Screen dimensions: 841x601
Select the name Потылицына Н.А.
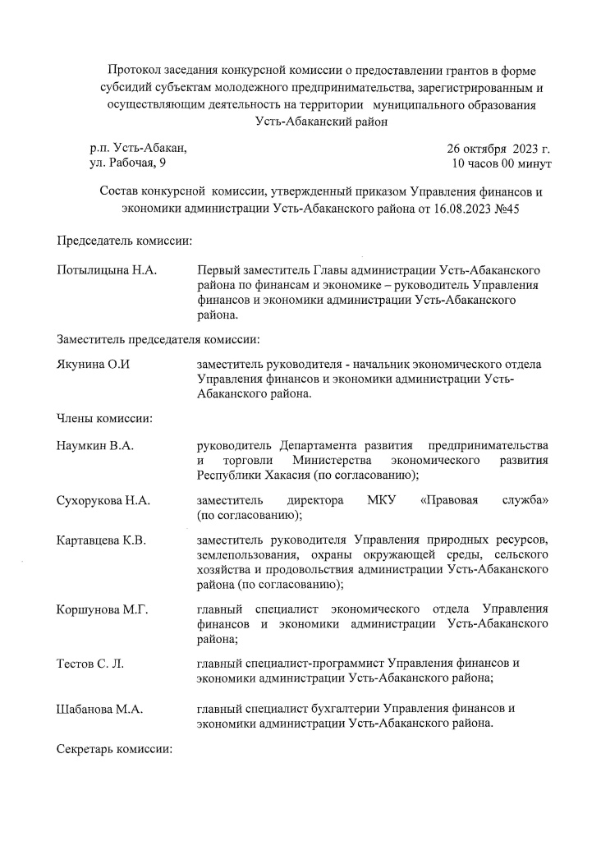coord(106,270)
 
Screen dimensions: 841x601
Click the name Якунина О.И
coord(93,364)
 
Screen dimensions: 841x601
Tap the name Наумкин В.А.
coord(95,446)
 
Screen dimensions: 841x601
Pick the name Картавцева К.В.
coord(101,540)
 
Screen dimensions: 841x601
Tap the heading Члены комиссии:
coord(105,417)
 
